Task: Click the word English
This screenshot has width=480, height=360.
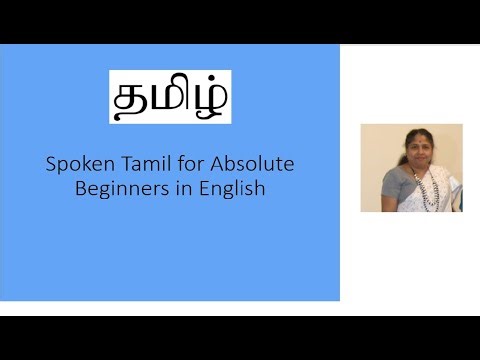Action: pos(231,188)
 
